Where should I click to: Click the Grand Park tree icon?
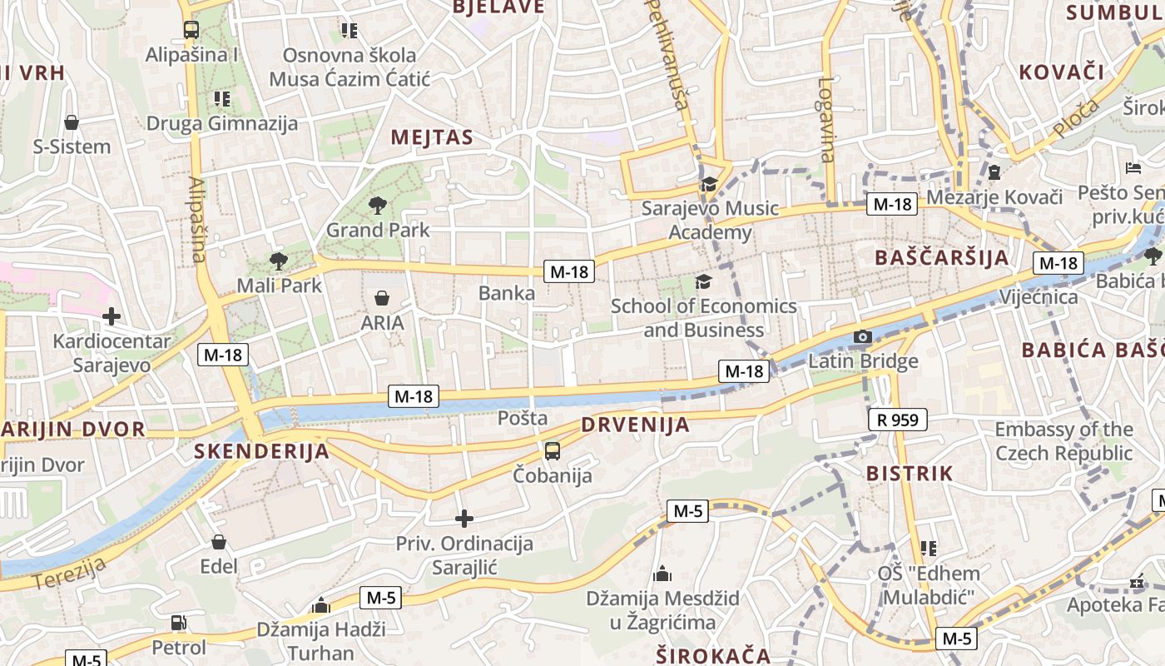click(378, 205)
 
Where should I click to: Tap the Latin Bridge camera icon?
click(863, 337)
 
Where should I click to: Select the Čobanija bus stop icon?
click(552, 451)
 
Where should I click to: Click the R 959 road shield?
click(898, 420)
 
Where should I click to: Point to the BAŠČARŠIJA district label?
click(941, 257)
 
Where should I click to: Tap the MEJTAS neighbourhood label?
click(432, 137)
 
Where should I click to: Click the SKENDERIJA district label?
click(261, 451)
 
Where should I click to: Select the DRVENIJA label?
click(636, 425)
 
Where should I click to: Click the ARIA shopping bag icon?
click(382, 298)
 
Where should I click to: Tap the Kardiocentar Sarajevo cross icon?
click(112, 316)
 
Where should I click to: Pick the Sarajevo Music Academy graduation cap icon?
click(709, 184)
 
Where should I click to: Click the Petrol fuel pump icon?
click(178, 623)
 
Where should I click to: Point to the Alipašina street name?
click(197, 219)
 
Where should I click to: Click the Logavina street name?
click(826, 119)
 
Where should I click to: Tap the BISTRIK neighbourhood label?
click(910, 474)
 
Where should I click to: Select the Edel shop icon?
click(219, 542)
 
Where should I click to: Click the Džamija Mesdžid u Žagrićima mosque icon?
click(662, 574)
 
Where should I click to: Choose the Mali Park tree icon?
click(279, 261)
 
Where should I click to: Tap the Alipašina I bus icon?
click(191, 30)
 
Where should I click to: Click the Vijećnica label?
click(1039, 297)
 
